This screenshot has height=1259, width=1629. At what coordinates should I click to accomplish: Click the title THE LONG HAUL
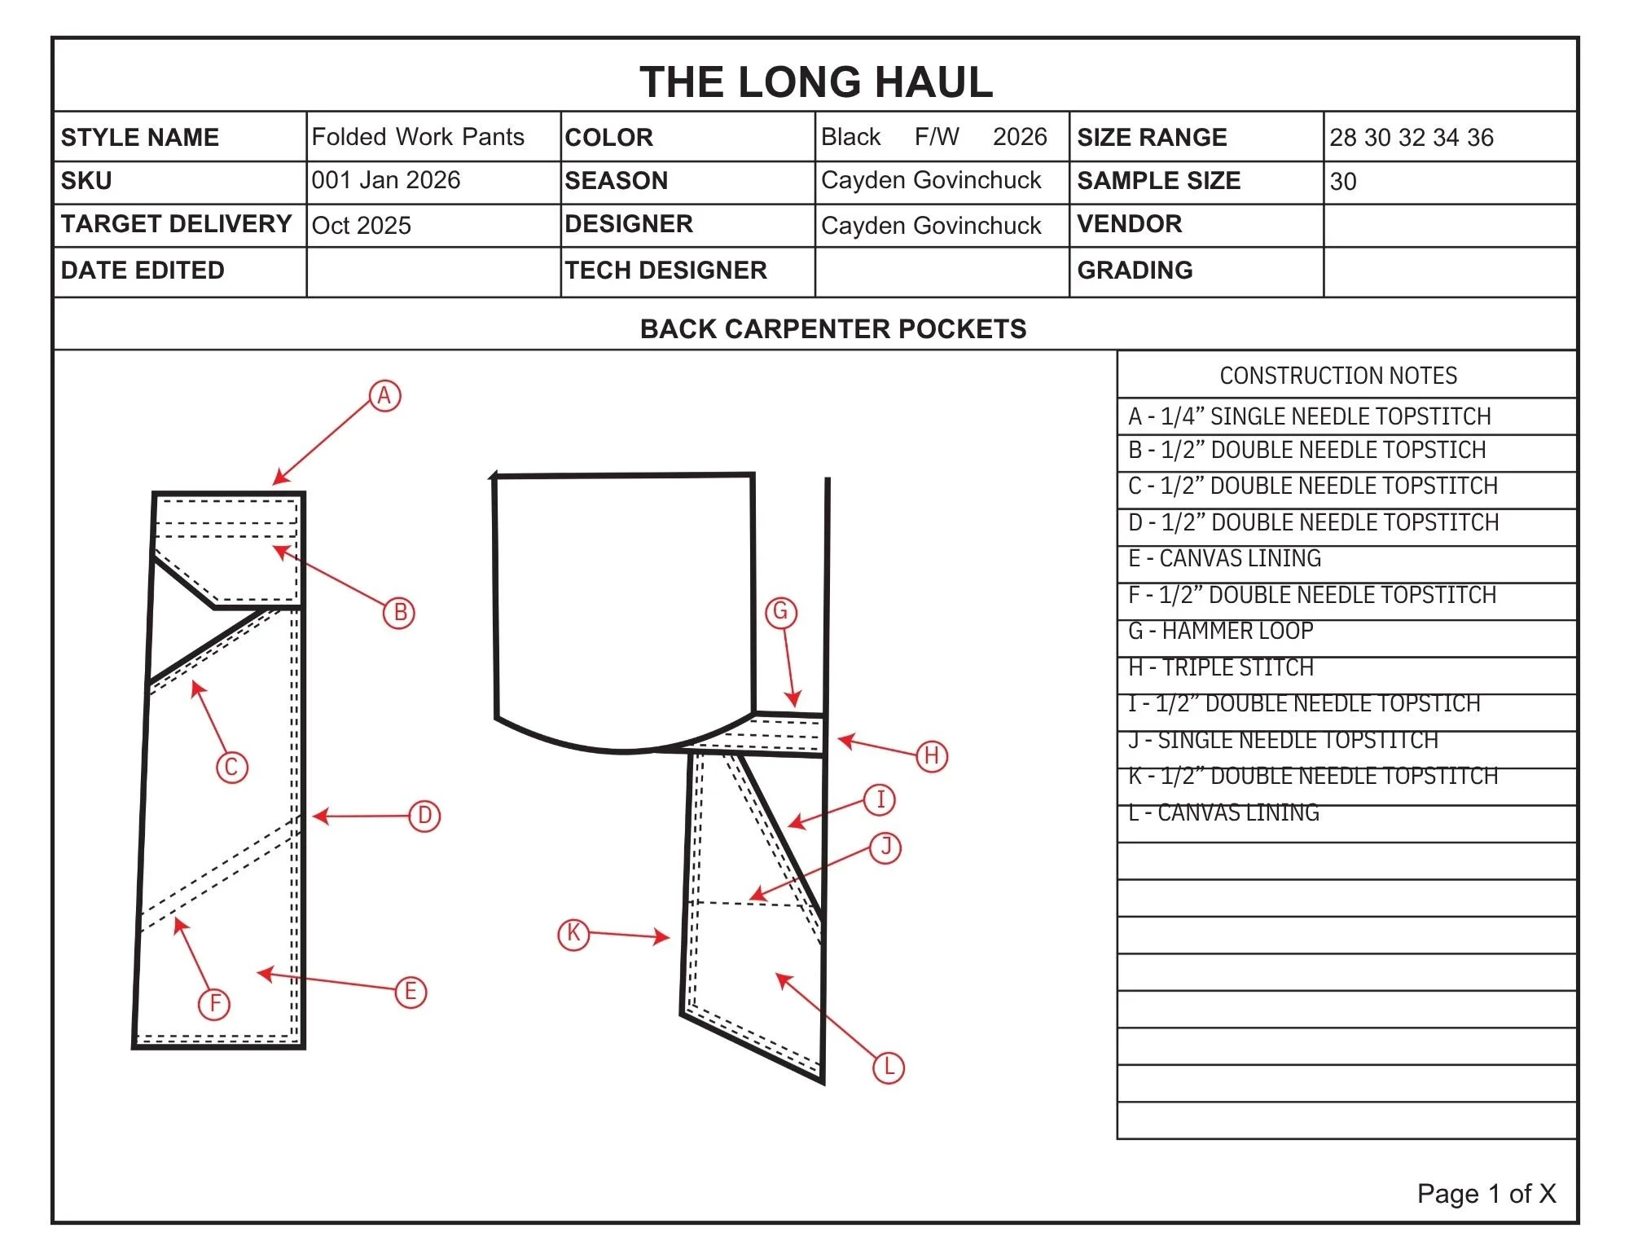[816, 82]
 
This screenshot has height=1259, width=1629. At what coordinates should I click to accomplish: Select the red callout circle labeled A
[384, 396]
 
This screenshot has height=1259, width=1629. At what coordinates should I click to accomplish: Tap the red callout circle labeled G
[780, 612]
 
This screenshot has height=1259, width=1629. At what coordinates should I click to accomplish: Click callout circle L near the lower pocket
[889, 1068]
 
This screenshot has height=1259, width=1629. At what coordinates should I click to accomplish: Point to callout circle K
[573, 933]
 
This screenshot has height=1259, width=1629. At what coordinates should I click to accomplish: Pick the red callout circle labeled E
[411, 992]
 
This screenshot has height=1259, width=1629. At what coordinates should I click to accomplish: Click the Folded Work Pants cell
[418, 137]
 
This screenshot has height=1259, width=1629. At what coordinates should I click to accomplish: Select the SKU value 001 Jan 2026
[386, 180]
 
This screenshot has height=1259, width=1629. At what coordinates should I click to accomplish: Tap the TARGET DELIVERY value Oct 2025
[362, 226]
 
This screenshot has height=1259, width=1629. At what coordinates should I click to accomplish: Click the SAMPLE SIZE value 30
[1343, 182]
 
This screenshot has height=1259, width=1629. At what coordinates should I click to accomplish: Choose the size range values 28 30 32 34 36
[1412, 138]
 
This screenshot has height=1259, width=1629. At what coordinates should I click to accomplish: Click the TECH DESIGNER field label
[665, 271]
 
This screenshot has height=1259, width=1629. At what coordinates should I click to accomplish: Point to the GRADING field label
[1135, 271]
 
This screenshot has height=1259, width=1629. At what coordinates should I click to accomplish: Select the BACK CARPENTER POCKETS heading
[833, 329]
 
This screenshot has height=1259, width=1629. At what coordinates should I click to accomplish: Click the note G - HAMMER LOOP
[1220, 632]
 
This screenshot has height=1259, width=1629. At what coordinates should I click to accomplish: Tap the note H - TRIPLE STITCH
[1221, 668]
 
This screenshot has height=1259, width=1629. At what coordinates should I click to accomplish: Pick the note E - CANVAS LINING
[1224, 559]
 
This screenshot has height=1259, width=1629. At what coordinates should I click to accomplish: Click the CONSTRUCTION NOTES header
[1338, 376]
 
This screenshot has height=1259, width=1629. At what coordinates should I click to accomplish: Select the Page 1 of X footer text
[1486, 1194]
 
